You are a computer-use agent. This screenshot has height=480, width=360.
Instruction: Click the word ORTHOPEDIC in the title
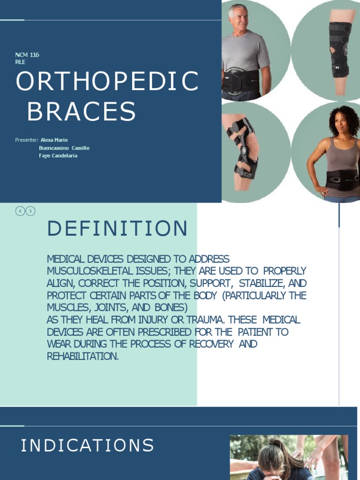pos(107,82)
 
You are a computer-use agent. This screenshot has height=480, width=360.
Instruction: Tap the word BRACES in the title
pos(81,112)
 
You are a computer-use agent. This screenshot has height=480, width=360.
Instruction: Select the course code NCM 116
pos(27,55)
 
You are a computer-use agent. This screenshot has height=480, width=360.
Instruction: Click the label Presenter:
pos(26,140)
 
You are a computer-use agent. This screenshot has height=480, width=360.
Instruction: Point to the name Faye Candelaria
pos(58,156)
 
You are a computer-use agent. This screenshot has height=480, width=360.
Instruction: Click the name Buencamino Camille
pos(64,148)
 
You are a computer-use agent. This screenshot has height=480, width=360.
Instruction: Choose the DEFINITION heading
pos(117,229)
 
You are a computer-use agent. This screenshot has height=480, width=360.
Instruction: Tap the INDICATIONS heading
pos(87,445)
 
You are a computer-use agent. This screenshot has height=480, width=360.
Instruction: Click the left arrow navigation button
pos(20,211)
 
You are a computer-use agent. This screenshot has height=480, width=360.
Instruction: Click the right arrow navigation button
pos(30,211)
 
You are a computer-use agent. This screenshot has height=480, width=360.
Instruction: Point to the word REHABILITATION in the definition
pos(82,357)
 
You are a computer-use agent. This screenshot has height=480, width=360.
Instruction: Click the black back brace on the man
pos(241,81)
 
